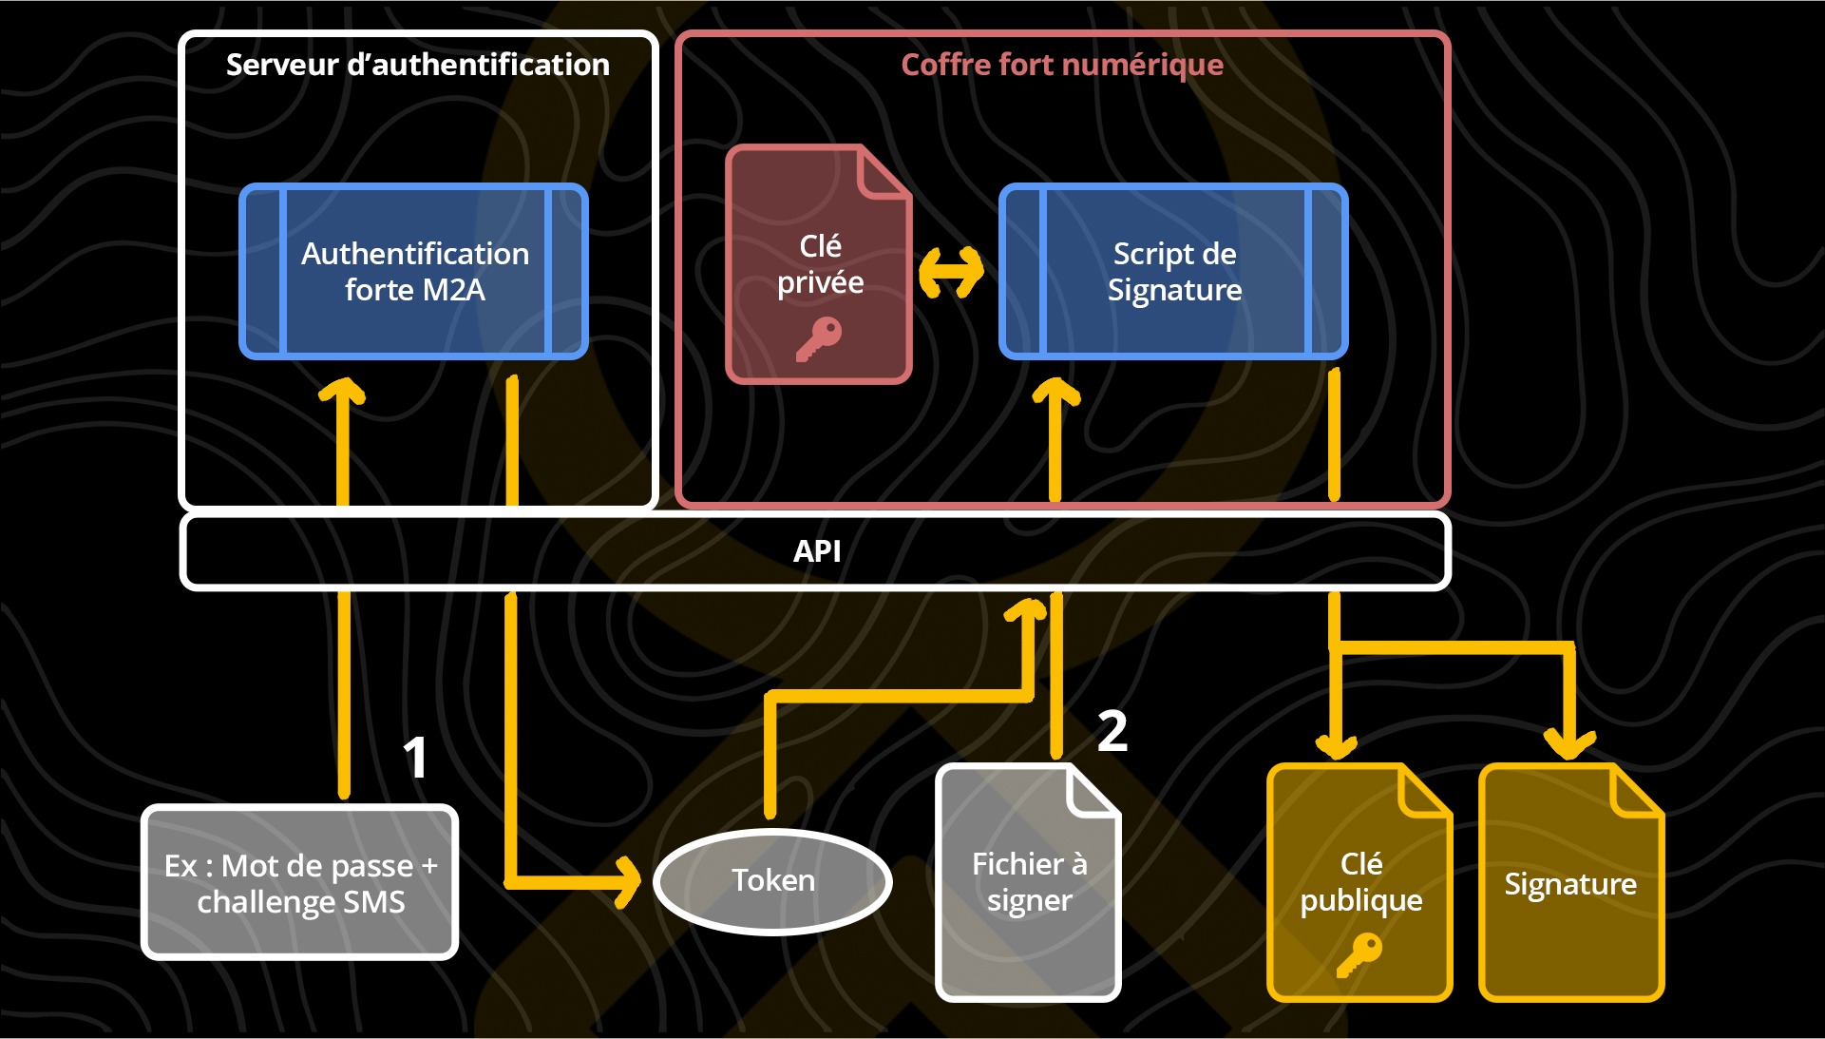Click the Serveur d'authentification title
(x=417, y=65)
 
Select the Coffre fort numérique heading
(x=1061, y=65)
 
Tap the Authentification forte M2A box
(x=414, y=271)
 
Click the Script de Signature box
(x=1173, y=271)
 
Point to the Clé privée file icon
(x=819, y=264)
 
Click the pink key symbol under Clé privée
(x=818, y=338)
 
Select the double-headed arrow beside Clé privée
(x=951, y=272)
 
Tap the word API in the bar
(x=817, y=550)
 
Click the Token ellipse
(x=772, y=881)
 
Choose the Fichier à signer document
(x=1029, y=882)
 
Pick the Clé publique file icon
(x=1359, y=882)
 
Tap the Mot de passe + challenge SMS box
(x=300, y=883)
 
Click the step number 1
(x=415, y=758)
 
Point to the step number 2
(x=1112, y=731)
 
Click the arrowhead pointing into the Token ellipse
(x=629, y=881)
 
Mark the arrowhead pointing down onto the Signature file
(x=1568, y=742)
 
